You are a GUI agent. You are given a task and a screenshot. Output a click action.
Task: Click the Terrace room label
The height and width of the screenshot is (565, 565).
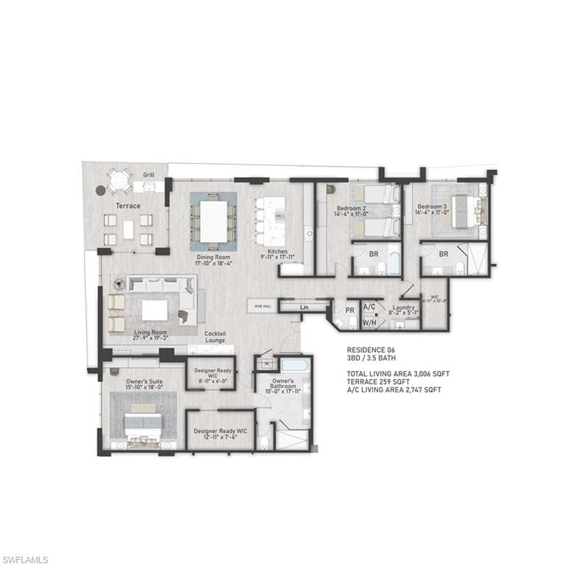127,206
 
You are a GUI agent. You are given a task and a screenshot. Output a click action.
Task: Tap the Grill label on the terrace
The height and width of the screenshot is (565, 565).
149,175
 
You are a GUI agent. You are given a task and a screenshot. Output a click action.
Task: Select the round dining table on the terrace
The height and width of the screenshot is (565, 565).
118,180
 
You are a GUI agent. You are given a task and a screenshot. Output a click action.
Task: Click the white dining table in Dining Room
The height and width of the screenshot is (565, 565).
213,220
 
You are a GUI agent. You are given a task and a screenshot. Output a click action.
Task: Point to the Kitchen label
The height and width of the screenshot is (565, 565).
277,252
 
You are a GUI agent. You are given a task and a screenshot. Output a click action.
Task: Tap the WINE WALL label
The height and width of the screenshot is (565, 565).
263,305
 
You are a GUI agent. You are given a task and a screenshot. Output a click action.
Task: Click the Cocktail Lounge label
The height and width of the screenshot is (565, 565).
215,336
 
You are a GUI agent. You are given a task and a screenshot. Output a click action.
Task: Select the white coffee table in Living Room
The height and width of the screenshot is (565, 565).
154,310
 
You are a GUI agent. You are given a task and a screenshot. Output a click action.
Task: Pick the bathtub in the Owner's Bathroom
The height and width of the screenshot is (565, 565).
294,365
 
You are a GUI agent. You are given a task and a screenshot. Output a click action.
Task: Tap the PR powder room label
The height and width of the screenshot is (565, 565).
350,310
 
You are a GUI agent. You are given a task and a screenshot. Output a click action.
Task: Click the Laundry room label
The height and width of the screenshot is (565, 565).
404,308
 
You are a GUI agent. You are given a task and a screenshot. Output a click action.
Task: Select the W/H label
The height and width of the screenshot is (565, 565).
369,321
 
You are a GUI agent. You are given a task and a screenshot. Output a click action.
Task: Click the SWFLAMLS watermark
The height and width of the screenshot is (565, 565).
25,560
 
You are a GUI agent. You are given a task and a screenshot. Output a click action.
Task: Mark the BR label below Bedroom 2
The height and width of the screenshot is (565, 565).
374,254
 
